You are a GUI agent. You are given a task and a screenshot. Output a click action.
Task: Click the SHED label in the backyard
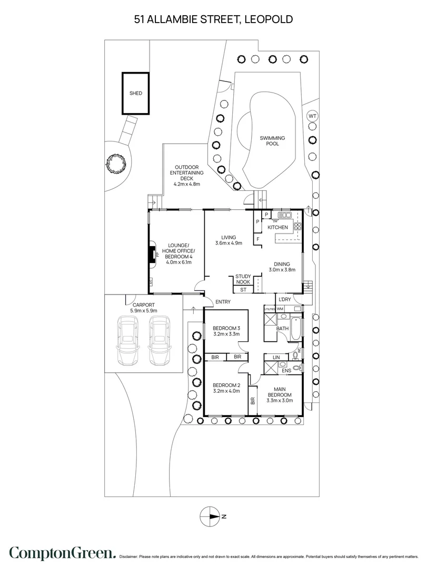136,93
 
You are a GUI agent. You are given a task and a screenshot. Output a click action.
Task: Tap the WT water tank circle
312,116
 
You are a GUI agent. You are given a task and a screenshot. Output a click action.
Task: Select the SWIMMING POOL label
272,141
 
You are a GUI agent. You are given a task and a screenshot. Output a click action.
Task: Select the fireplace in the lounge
152,256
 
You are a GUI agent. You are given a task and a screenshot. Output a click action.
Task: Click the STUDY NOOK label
243,279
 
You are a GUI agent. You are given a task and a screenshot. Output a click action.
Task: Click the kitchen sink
285,215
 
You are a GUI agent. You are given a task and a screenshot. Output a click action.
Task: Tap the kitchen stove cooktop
297,227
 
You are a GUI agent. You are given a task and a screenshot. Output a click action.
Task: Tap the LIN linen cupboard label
276,357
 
